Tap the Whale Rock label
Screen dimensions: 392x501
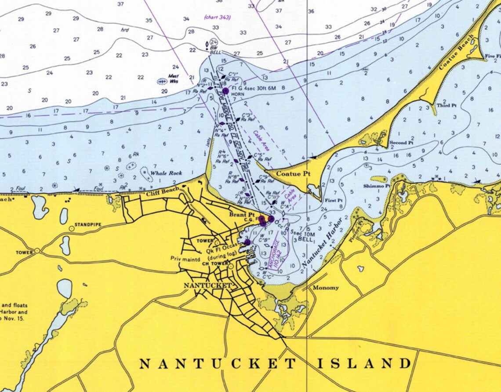tap(166, 173)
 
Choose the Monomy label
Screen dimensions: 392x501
tap(326, 288)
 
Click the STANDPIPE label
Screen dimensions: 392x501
tap(88, 225)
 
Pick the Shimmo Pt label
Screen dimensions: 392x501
tap(377, 186)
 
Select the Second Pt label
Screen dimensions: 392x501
tap(401, 143)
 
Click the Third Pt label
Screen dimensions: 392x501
tap(446, 106)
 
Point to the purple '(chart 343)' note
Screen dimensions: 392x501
tap(217, 18)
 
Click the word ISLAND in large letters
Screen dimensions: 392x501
tap(364, 364)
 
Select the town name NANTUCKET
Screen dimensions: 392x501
tap(207, 286)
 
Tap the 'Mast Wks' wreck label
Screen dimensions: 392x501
tap(174, 78)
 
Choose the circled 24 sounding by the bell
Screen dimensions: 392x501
tap(213, 42)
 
